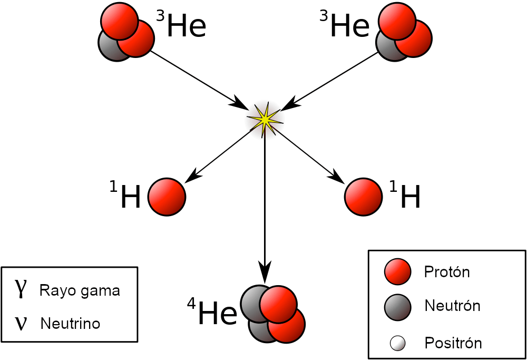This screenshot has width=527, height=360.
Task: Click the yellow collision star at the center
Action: [265, 120]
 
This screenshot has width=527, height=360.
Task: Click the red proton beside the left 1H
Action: [167, 197]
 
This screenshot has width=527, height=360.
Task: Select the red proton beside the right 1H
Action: [363, 197]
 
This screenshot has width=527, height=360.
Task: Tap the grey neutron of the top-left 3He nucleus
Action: [109, 48]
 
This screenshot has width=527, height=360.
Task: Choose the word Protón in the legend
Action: [446, 272]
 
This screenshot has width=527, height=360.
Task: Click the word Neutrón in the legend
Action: [452, 306]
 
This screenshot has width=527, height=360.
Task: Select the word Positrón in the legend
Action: [453, 344]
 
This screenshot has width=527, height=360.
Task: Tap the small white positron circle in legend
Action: [397, 344]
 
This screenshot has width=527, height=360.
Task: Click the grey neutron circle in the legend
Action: [398, 306]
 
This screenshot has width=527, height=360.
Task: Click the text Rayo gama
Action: [80, 290]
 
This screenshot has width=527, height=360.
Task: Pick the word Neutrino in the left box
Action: [70, 323]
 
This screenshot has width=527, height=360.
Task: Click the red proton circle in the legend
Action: [398, 272]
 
